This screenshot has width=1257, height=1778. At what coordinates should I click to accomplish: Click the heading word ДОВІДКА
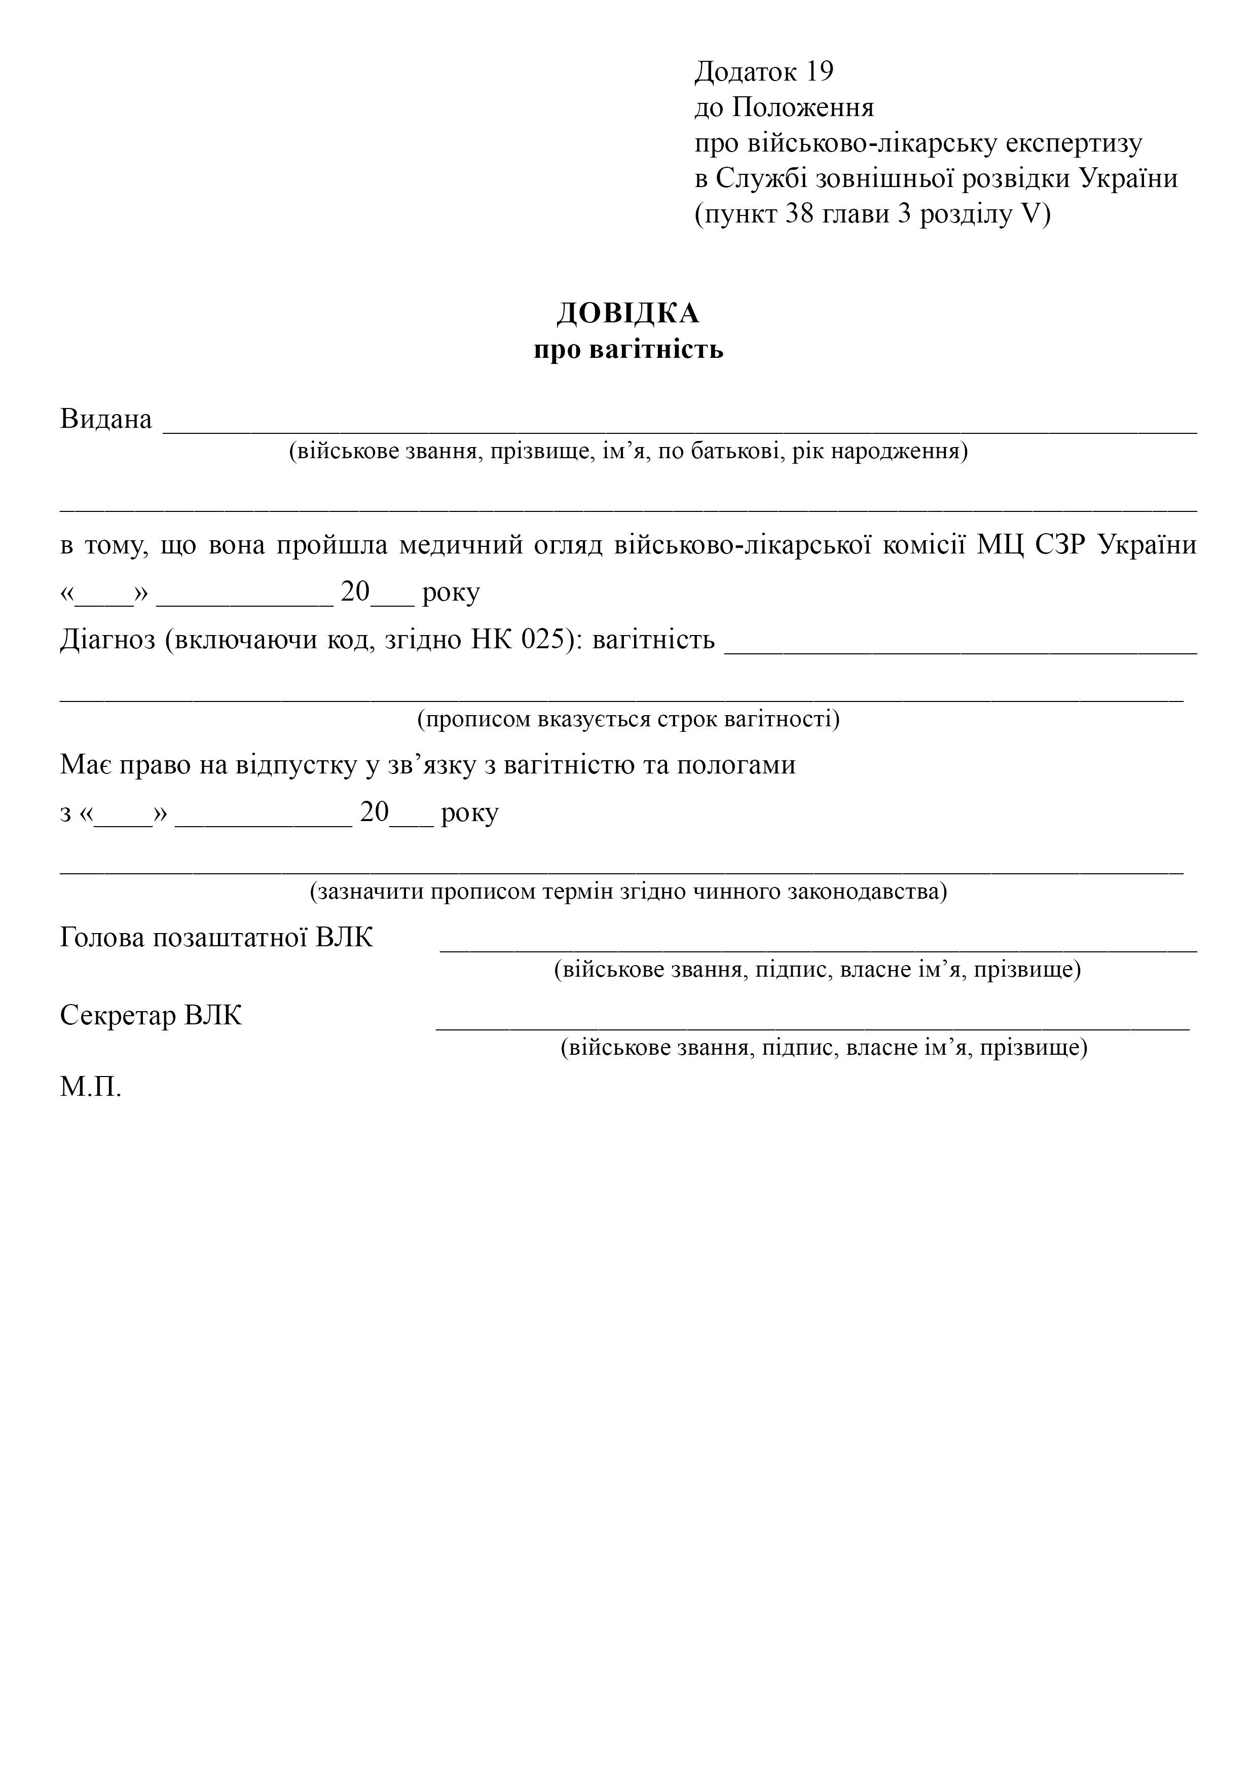point(628,314)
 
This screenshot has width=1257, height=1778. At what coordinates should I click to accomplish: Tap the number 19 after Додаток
point(820,72)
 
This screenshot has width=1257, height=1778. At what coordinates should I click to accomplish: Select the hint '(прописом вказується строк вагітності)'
point(628,719)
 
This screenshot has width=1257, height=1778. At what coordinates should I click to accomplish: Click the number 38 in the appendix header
point(799,214)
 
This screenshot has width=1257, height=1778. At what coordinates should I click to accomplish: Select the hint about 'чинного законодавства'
point(628,892)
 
